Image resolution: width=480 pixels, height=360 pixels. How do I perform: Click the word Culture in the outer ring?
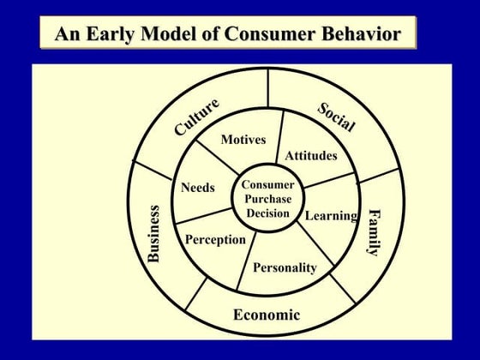(196, 117)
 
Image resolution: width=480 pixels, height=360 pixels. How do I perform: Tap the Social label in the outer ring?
(337, 117)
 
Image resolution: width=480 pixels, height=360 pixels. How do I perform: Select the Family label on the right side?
(374, 231)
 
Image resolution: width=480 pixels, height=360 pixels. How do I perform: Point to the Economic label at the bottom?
(267, 315)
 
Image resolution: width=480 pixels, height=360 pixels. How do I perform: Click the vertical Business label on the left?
(154, 233)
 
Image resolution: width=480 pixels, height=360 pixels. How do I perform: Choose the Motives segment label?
(243, 140)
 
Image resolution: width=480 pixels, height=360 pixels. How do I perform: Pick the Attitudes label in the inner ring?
(311, 155)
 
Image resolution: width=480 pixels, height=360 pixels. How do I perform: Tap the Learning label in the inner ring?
(331, 215)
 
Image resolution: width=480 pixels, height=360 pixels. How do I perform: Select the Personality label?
(285, 267)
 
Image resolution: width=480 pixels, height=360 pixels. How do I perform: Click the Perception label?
(215, 239)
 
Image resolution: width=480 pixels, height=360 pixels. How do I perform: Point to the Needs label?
(198, 188)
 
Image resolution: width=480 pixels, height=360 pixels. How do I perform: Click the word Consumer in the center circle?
(267, 184)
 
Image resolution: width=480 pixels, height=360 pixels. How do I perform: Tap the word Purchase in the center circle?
(267, 199)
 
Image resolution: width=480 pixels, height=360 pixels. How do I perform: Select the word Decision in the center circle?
(267, 213)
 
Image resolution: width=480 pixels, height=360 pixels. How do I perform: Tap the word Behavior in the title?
(356, 35)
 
